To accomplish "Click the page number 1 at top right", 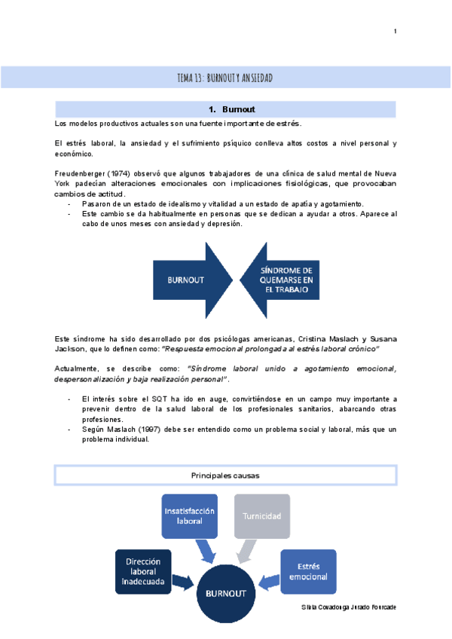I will (395, 31).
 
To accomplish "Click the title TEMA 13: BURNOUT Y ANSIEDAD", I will (224, 78).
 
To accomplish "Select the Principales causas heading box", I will (226, 475).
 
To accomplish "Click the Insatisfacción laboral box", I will (189, 515).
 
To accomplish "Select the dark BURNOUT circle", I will (226, 594).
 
